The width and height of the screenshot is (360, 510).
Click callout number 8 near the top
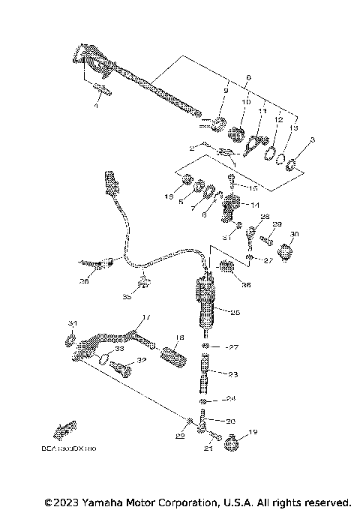(x=248, y=77)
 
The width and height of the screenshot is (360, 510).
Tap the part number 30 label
(x=294, y=234)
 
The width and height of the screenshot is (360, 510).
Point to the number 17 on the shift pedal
(x=146, y=317)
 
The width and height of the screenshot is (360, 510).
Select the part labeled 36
(x=225, y=267)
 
